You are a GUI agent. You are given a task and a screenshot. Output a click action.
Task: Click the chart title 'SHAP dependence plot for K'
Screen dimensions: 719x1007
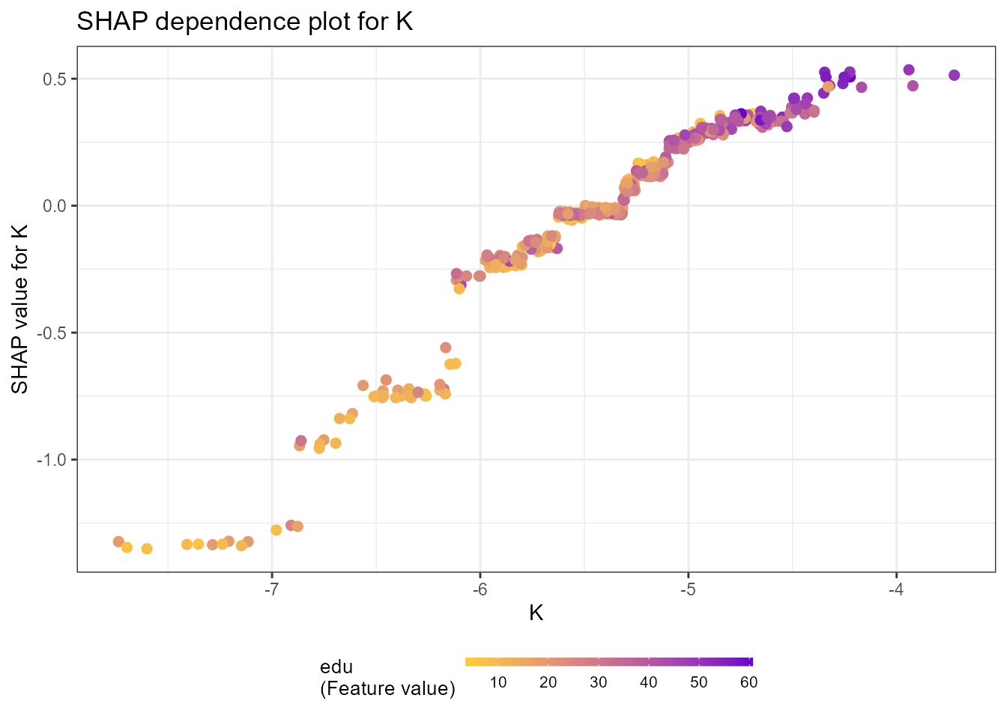tap(245, 22)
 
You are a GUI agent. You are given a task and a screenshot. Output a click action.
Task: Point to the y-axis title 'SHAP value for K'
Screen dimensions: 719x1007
tap(20, 309)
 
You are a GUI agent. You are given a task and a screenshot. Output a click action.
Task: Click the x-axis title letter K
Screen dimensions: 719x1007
tap(536, 613)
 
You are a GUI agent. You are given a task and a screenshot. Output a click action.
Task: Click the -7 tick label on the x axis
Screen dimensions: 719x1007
tap(271, 590)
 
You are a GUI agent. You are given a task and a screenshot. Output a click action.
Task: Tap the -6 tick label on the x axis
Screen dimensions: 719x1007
tap(480, 590)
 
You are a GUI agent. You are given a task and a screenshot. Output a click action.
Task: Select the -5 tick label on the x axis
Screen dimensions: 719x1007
tap(688, 590)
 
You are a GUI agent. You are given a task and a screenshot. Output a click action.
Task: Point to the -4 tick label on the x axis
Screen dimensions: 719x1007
tap(896, 590)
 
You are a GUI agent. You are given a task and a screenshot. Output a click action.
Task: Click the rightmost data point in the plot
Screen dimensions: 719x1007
tap(954, 75)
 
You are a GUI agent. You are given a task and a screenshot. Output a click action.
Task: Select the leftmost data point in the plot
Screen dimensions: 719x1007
tap(118, 541)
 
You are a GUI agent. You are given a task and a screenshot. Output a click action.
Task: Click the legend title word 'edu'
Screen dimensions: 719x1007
tap(336, 667)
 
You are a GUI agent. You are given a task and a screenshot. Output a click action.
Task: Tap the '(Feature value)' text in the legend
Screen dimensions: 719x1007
tap(387, 688)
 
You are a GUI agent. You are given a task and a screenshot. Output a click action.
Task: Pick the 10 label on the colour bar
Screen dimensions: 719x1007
tap(498, 682)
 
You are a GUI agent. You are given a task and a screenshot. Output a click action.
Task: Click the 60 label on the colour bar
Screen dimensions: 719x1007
tap(749, 682)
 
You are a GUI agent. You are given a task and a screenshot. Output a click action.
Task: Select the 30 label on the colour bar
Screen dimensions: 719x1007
tap(598, 682)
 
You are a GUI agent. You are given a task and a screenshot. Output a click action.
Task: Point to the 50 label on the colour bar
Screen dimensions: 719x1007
tap(698, 682)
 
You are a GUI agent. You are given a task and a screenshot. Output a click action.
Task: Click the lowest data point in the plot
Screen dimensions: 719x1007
tap(147, 549)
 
